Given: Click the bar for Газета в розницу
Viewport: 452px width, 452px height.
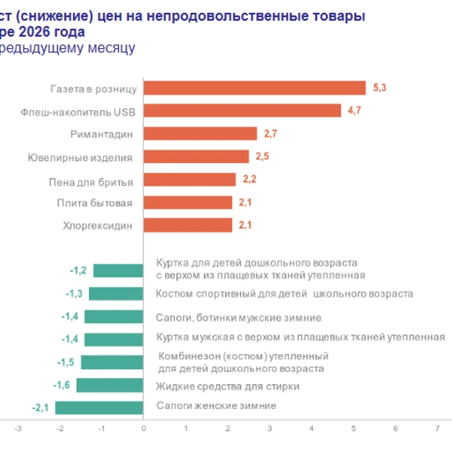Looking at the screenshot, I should coord(254,88).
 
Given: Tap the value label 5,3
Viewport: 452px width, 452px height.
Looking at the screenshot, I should coord(380,88).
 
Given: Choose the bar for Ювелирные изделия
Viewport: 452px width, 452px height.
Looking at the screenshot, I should coord(196,157).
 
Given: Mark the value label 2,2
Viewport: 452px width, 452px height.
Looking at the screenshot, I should coord(250,179).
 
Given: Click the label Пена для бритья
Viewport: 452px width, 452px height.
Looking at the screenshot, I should coord(95,181).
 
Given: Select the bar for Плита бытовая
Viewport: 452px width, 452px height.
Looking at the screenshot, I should coord(188,202).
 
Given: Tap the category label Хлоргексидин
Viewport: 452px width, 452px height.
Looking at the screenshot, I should coord(97,225).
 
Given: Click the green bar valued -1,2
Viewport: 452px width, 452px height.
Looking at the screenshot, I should coord(118,270).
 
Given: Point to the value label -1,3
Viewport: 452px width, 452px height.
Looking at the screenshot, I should coord(75,294).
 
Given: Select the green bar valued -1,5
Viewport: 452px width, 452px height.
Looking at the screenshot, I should coord(112,362).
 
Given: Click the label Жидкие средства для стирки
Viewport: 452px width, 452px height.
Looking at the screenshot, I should coord(228,386).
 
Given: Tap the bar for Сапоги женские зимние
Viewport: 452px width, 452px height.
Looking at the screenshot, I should coord(99,408).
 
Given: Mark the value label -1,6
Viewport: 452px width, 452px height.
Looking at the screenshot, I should coord(62,385).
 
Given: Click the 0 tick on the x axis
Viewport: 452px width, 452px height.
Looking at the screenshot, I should coord(143,428).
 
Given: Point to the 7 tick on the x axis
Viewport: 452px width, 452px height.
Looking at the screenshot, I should coord(438,428).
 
